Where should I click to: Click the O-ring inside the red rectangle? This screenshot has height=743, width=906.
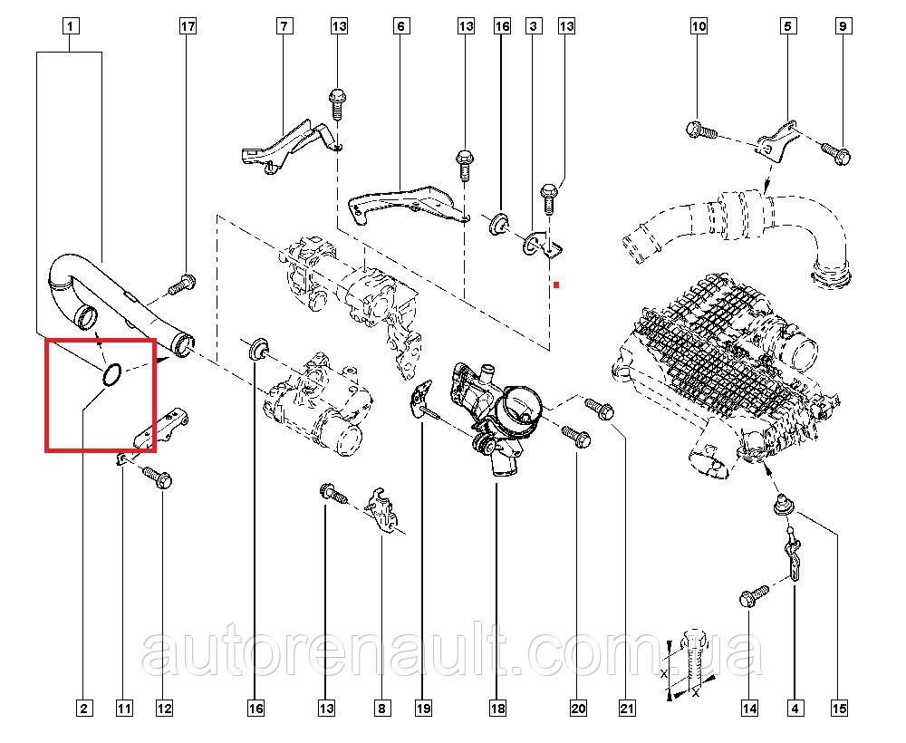111,373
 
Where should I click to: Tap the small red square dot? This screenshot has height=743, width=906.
558,285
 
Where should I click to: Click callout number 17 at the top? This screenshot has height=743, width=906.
188,27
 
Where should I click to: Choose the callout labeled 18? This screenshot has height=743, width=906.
496,708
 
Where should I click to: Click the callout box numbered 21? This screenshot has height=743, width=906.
624,708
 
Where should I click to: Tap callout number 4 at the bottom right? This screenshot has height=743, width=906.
795,708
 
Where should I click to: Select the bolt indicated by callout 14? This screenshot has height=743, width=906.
752,597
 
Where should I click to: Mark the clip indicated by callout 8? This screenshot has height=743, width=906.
384,511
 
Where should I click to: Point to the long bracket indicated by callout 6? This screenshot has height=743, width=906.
408,201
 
